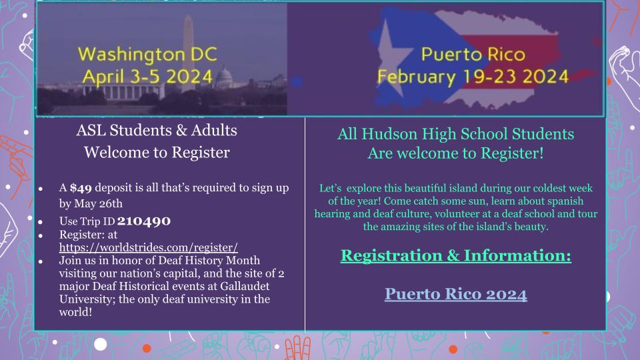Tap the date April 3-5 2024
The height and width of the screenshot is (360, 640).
point(147,77)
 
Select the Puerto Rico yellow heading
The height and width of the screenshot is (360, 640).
point(473,54)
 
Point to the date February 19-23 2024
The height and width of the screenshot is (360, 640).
point(473,77)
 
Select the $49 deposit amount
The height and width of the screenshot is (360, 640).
point(81,188)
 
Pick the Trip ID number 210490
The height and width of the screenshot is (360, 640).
point(144,221)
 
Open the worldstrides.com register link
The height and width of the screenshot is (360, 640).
point(149,247)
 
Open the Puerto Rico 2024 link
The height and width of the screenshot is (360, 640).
point(456,294)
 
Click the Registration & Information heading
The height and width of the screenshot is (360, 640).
point(456,255)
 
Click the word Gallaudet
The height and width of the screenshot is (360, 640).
point(245,286)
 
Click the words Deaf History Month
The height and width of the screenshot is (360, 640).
point(209,261)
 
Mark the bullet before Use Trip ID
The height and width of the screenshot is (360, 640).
point(41,222)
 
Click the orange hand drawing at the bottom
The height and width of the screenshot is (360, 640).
point(297,348)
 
